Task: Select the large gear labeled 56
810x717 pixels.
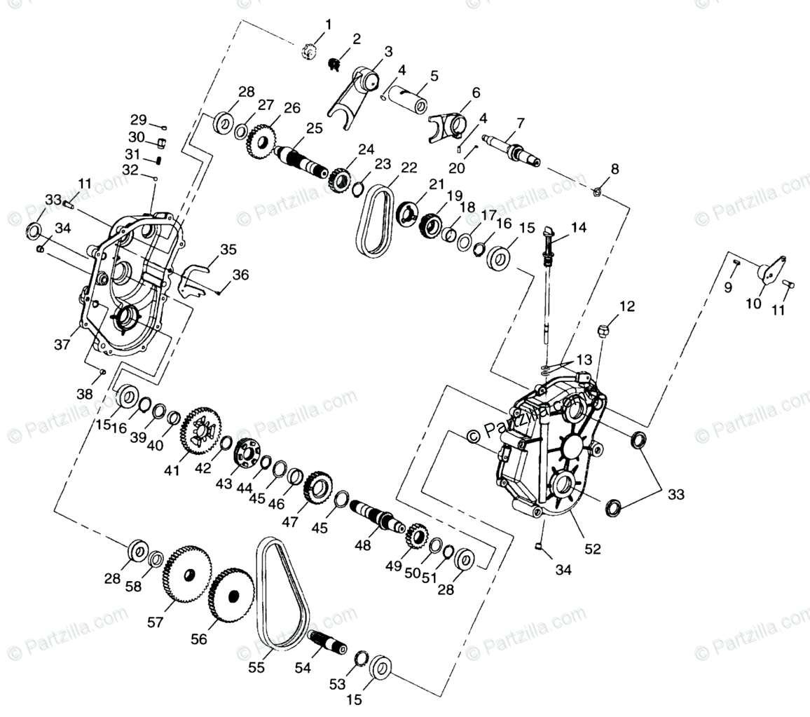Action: tap(231, 595)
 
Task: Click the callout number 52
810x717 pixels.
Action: tap(593, 550)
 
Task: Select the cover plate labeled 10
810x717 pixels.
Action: tap(769, 271)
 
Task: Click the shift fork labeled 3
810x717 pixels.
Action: tap(354, 91)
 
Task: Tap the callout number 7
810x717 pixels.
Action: tap(520, 123)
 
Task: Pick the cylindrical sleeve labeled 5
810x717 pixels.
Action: tap(411, 97)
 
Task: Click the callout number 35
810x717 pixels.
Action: tap(228, 249)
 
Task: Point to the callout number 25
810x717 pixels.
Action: tap(313, 128)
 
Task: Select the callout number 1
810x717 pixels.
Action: tap(328, 25)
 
